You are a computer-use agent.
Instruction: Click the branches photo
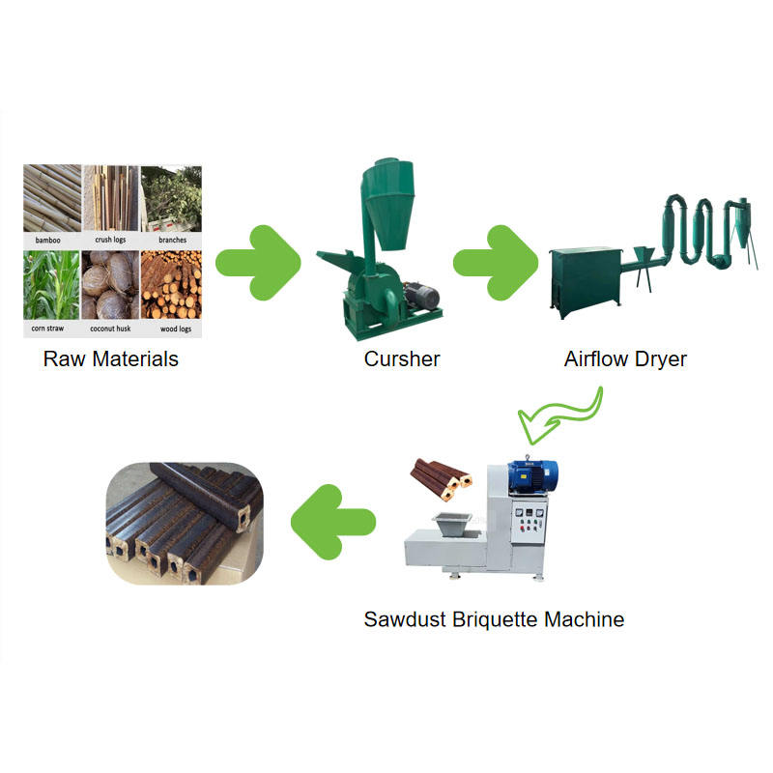[x=171, y=198]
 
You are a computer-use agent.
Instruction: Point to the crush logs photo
[x=111, y=198]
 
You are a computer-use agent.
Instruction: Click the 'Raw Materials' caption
[x=111, y=359]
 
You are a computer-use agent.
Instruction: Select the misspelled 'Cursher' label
[x=402, y=359]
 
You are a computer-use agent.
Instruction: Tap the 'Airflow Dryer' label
[x=625, y=359]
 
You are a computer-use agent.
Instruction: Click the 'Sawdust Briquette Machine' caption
[x=494, y=619]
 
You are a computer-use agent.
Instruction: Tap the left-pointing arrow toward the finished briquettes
[x=333, y=522]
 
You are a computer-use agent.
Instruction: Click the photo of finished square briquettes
[x=183, y=522]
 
